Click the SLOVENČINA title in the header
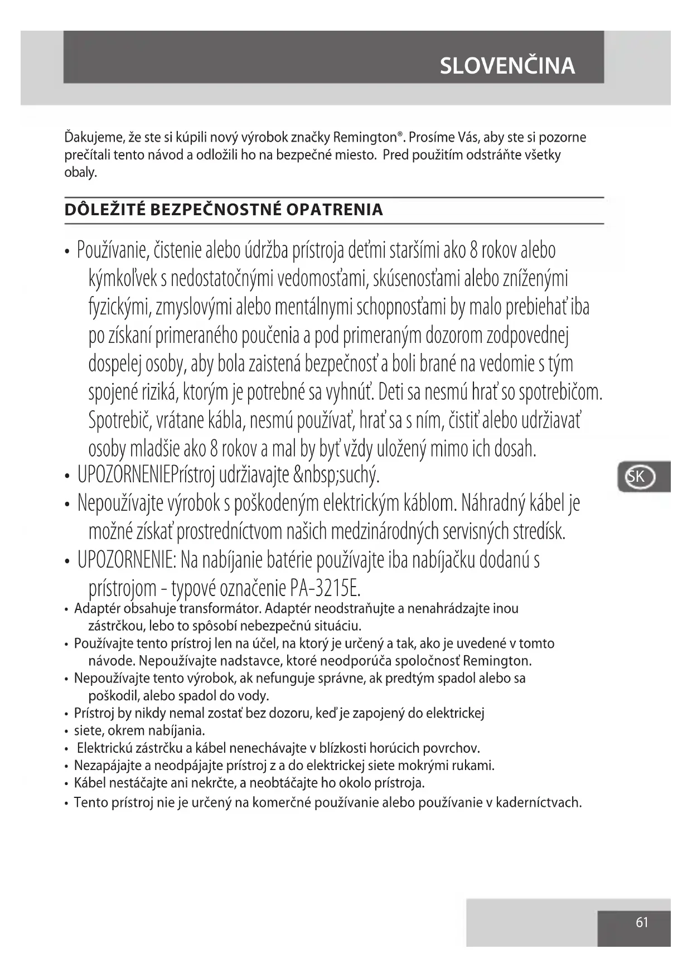507,66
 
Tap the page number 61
642,922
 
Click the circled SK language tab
638,477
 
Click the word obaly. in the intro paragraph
81,172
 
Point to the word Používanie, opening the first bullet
113,250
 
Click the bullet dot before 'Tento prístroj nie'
66,803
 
